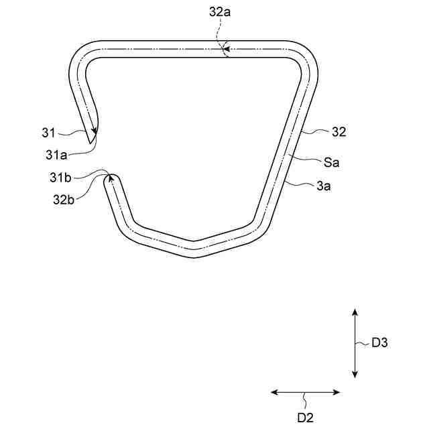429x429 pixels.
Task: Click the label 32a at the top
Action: tap(220, 12)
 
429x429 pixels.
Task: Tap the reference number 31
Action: tap(48, 133)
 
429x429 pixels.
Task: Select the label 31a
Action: tap(56, 155)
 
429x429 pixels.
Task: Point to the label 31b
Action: tap(60, 178)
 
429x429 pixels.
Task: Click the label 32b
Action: tap(64, 200)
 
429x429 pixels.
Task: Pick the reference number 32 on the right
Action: tap(339, 132)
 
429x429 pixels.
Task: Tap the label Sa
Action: tap(331, 162)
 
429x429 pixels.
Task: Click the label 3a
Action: tap(324, 186)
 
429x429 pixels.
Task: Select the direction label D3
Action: tap(379, 343)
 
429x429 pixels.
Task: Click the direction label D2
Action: tap(306, 418)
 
